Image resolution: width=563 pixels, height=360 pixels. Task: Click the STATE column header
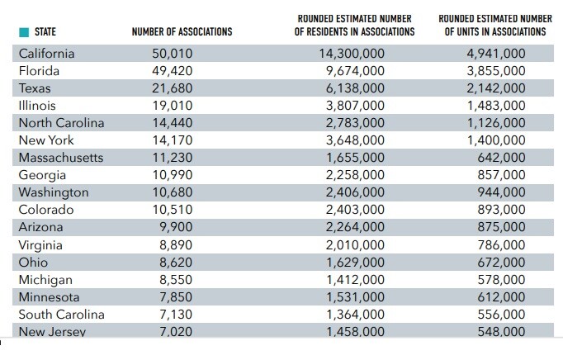click(45, 32)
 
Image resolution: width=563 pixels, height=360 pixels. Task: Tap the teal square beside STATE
click(24, 32)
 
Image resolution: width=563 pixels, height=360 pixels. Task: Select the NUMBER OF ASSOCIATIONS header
click(182, 32)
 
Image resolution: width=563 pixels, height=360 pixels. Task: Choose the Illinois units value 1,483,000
click(495, 106)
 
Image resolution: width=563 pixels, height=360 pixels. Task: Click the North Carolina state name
click(61, 123)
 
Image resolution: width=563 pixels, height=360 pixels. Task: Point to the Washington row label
click(54, 192)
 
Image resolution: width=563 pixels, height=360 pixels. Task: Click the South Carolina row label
click(61, 315)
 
